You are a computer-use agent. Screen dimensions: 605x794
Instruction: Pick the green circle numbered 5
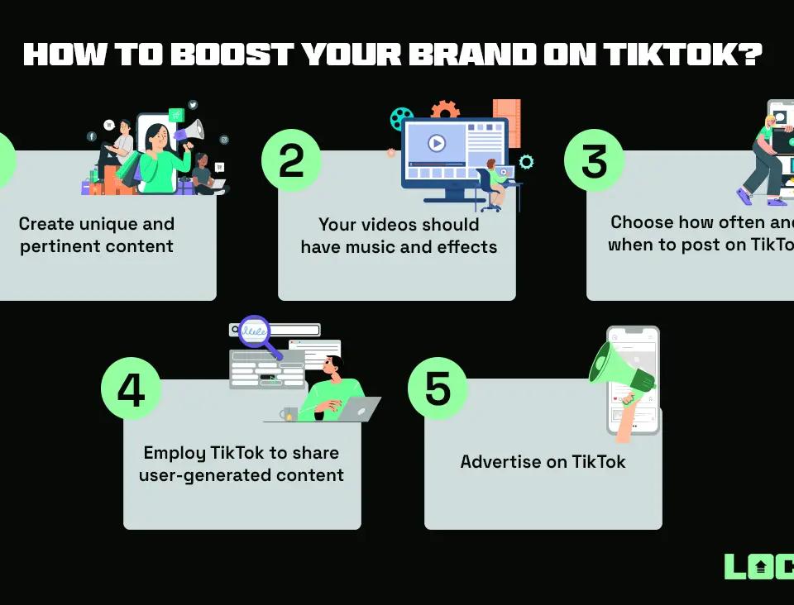tap(438, 388)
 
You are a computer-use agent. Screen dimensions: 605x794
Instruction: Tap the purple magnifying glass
tap(255, 331)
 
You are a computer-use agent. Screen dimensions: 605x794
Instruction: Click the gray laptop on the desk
tap(358, 409)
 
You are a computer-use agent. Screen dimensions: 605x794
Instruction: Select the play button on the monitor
tap(437, 143)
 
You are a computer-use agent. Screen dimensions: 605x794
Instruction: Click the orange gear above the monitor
tap(445, 111)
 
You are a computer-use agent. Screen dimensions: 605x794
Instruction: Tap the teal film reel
tap(401, 119)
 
